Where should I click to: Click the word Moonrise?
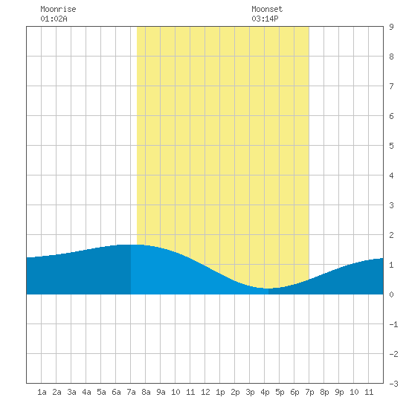tap(58, 9)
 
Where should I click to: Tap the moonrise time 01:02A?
tap(54, 19)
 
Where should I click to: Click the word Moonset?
tap(267, 9)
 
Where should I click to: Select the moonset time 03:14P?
tap(265, 19)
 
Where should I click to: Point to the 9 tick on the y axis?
tap(391, 27)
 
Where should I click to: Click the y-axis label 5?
tap(391, 146)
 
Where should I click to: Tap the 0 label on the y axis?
tap(391, 294)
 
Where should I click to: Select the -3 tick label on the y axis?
tap(393, 384)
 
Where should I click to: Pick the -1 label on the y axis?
tap(393, 324)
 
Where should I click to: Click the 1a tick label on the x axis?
tap(42, 392)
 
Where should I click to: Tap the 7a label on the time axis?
tap(131, 392)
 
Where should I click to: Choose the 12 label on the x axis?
tap(205, 392)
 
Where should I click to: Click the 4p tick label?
tap(265, 392)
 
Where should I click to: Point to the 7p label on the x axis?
tap(309, 392)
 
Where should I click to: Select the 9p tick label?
tap(339, 392)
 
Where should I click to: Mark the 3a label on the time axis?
tap(71, 392)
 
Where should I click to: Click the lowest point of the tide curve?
tap(267, 289)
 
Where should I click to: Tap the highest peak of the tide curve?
tap(130, 245)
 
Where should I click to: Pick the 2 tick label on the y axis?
tap(391, 235)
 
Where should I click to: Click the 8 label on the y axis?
tap(391, 57)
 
